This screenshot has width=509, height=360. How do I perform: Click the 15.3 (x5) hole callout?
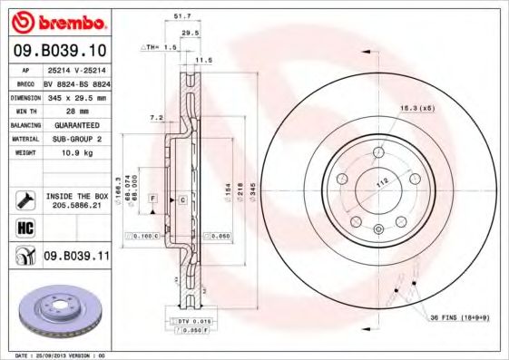416,109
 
